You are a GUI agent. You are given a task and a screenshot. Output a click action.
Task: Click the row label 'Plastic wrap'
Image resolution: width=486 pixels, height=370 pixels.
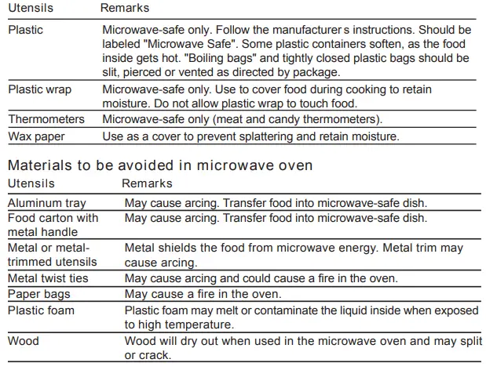click(x=39, y=89)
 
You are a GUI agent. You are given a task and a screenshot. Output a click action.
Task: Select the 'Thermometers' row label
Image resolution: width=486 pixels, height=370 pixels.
click(x=46, y=119)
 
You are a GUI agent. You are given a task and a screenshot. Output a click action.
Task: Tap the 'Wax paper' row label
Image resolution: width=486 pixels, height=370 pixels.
click(x=37, y=136)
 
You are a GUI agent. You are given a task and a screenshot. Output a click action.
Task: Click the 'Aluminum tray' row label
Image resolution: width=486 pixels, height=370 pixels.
click(x=46, y=202)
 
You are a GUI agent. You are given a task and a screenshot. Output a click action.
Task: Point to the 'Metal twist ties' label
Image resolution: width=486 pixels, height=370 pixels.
click(x=48, y=278)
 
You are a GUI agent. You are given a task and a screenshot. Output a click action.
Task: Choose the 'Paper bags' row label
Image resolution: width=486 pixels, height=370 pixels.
click(x=39, y=295)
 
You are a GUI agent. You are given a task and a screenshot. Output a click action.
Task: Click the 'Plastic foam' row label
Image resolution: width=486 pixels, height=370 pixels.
click(x=42, y=310)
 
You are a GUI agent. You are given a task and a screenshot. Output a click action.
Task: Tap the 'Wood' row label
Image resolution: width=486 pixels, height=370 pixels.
click(x=23, y=342)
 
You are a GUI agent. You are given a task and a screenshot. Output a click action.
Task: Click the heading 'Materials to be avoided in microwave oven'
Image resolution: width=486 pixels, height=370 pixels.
click(x=160, y=165)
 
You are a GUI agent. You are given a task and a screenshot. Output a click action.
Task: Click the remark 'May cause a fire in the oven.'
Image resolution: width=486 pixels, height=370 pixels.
click(x=203, y=295)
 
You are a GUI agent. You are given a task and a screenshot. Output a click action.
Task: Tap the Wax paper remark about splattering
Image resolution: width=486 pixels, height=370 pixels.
click(x=251, y=136)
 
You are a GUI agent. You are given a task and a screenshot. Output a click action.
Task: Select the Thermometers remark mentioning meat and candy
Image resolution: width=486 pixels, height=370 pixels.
click(x=243, y=119)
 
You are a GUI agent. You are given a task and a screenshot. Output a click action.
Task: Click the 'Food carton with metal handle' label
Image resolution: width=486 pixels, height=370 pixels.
click(x=53, y=225)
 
